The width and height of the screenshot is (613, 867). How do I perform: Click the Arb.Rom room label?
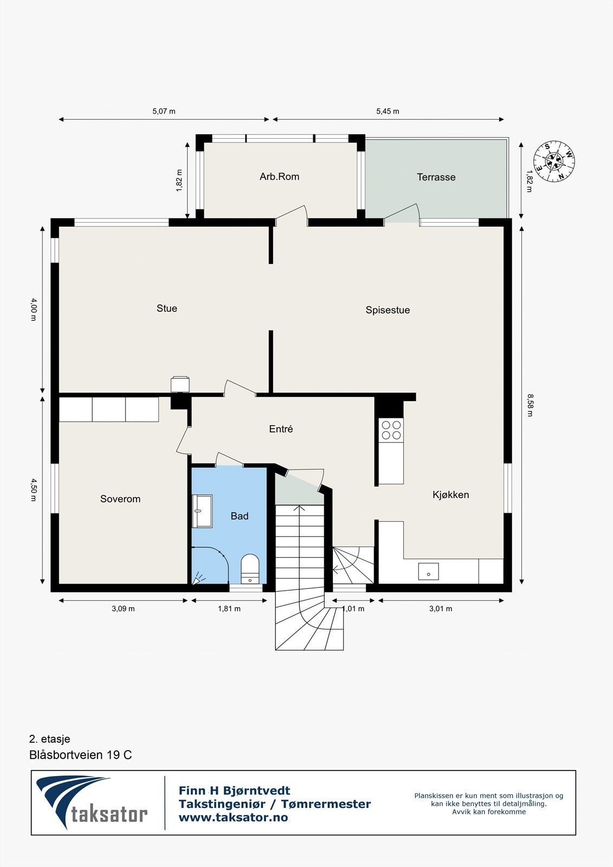pyautogui.click(x=279, y=177)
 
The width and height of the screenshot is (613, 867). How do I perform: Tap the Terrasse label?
pyautogui.click(x=436, y=177)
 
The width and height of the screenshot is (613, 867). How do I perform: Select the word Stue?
pyautogui.click(x=167, y=308)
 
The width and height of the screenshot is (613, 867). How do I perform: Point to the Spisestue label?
pyautogui.click(x=388, y=310)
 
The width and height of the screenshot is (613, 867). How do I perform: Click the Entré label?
pyautogui.click(x=281, y=429)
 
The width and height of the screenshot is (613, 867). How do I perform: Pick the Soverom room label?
pyautogui.click(x=120, y=499)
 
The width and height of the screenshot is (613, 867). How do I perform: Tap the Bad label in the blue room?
pyautogui.click(x=240, y=516)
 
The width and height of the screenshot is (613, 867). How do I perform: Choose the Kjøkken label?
pyautogui.click(x=450, y=495)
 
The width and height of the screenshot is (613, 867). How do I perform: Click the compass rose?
pyautogui.click(x=554, y=161)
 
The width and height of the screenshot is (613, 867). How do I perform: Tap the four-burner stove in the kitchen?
pyautogui.click(x=391, y=430)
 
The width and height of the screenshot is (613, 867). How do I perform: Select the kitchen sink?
pyautogui.click(x=428, y=572)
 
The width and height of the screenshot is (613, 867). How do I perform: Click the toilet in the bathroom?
pyautogui.click(x=250, y=568)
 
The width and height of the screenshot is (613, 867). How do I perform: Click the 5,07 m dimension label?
pyautogui.click(x=164, y=112)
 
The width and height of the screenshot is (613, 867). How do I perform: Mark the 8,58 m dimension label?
pyautogui.click(x=530, y=405)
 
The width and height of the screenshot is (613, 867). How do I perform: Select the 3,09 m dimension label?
pyautogui.click(x=123, y=609)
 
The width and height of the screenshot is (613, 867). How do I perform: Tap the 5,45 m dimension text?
pyautogui.click(x=388, y=112)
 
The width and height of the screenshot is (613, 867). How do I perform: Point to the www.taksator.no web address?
pyautogui.click(x=233, y=818)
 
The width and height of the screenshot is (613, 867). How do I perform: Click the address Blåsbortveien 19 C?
pyautogui.click(x=80, y=755)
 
